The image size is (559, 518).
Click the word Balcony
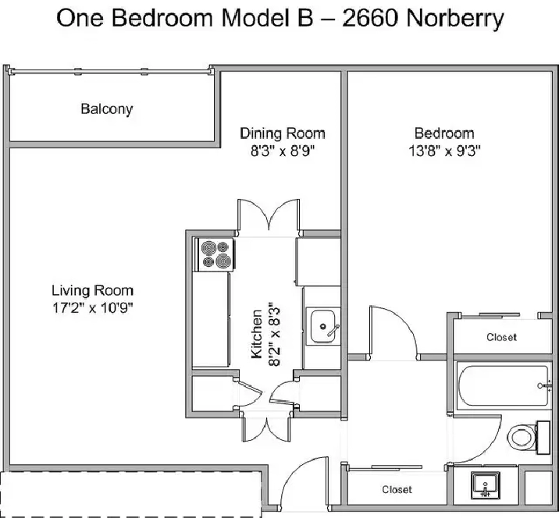107,109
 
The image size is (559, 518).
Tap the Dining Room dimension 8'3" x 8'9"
283,151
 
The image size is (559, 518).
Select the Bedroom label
444,133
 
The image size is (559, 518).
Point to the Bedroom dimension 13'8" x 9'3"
444,151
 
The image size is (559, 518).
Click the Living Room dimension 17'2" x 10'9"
93,308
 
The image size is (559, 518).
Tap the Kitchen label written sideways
257,334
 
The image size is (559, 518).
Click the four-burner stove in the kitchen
215,255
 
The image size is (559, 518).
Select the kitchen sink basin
323,326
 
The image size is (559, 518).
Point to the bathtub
503,386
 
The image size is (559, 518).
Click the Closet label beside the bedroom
501,337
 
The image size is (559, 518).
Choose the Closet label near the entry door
397,489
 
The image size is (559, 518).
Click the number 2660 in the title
369,18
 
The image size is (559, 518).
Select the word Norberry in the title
455,20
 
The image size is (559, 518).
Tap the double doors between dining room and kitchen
269,215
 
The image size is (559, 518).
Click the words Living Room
93,290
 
